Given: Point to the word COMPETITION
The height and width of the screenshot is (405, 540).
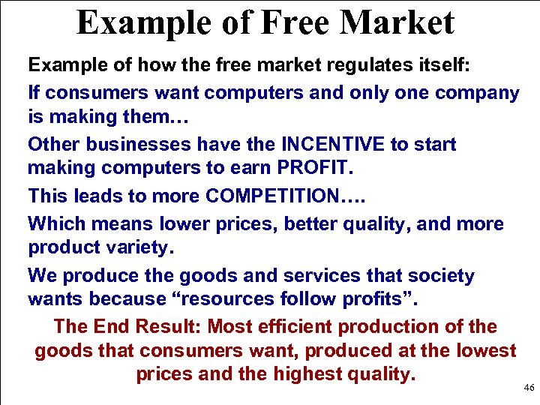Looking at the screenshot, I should (272, 196).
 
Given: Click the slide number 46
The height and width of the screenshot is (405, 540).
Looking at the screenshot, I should (529, 388).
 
